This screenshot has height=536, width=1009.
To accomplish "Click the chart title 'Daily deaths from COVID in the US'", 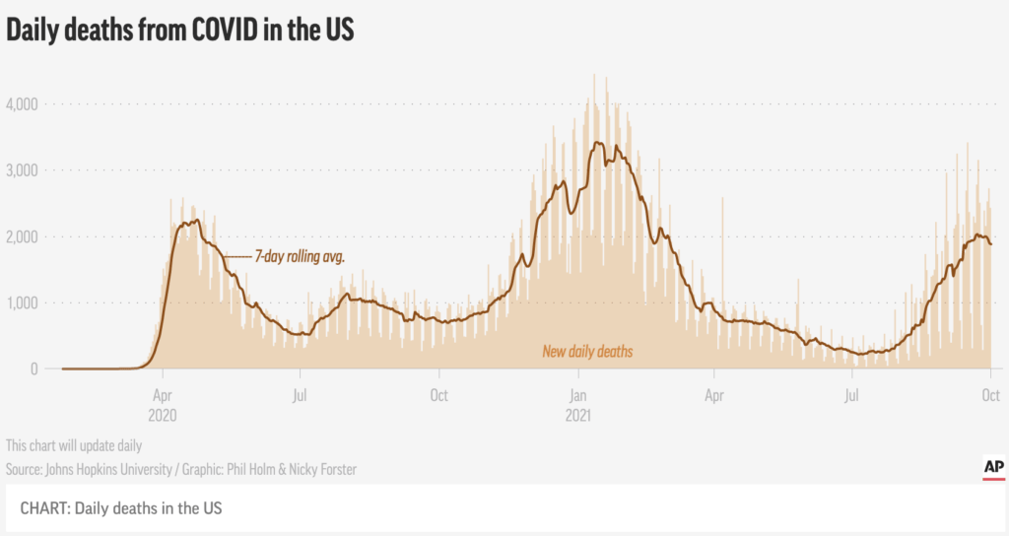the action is pyautogui.click(x=180, y=31).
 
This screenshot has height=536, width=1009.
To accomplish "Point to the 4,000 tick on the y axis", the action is pyautogui.click(x=22, y=104).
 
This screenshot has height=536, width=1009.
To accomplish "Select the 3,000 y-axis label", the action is pyautogui.click(x=22, y=170).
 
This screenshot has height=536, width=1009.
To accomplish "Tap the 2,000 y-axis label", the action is pyautogui.click(x=22, y=236).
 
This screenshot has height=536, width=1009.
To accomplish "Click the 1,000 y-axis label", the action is pyautogui.click(x=22, y=302).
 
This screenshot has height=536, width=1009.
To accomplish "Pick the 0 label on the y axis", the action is pyautogui.click(x=34, y=368).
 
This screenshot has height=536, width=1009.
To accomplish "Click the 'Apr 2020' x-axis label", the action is pyautogui.click(x=163, y=405).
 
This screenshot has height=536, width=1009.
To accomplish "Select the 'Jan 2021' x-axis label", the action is pyautogui.click(x=577, y=405).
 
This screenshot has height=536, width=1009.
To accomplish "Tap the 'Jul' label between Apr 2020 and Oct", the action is pyautogui.click(x=300, y=395).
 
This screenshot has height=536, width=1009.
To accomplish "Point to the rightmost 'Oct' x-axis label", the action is pyautogui.click(x=991, y=395).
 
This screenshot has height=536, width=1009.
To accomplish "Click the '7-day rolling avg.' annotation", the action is pyautogui.click(x=300, y=257).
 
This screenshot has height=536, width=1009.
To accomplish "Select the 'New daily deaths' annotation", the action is pyautogui.click(x=587, y=352).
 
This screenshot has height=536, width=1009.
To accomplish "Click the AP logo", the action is pyautogui.click(x=993, y=468).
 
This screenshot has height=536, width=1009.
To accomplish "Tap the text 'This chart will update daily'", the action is pyautogui.click(x=74, y=446).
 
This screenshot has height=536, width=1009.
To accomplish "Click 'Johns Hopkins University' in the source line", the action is pyautogui.click(x=108, y=470).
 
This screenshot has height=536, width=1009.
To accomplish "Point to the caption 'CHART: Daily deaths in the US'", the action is pyautogui.click(x=121, y=508).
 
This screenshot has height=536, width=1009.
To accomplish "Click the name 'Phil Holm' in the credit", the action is pyautogui.click(x=251, y=470).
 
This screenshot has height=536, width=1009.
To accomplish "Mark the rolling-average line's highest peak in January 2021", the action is pyautogui.click(x=598, y=142).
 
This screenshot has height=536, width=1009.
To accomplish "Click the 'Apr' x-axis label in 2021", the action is pyautogui.click(x=713, y=396).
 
